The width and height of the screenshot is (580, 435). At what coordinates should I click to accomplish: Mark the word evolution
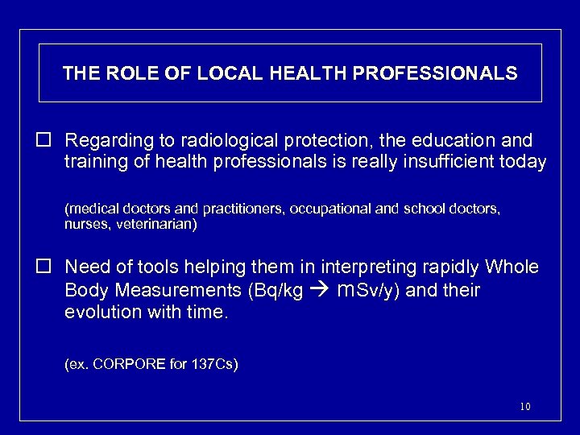pyautogui.click(x=101, y=311)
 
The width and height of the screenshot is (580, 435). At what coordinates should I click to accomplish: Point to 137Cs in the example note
pyautogui.click(x=213, y=364)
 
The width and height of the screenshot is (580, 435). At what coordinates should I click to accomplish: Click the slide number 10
pyautogui.click(x=524, y=407)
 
